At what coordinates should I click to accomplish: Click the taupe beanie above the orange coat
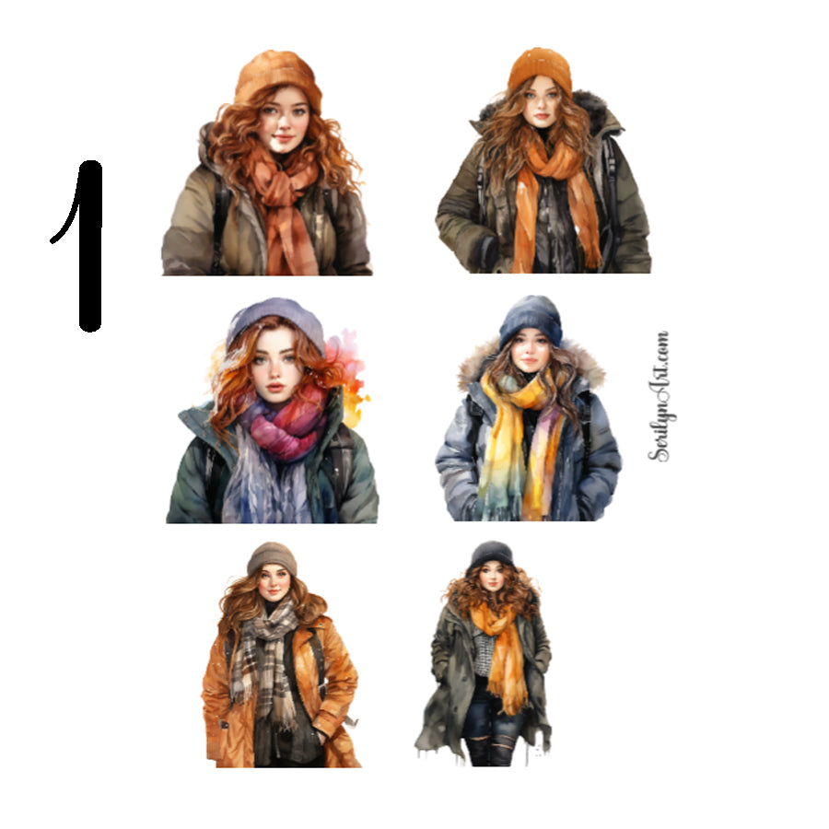272,557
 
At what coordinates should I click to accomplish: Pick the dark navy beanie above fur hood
531,318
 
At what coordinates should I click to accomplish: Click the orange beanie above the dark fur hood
540,69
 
